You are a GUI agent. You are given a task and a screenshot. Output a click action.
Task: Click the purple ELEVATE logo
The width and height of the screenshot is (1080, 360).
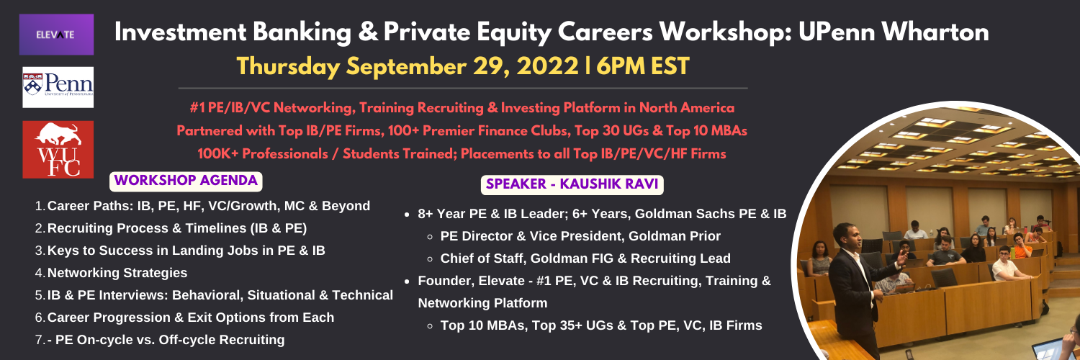click(56, 35)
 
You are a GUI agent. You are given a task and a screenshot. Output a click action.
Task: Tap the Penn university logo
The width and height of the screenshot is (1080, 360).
click(58, 87)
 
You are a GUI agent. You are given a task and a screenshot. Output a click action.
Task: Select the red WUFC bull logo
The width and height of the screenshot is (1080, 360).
click(58, 149)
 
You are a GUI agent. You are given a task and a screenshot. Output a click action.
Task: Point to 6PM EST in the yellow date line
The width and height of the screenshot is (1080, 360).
click(643, 66)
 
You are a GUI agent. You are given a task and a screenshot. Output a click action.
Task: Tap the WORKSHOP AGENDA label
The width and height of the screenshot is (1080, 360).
click(186, 181)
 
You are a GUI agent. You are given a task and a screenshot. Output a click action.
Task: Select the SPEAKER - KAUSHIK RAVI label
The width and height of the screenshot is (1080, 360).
click(572, 184)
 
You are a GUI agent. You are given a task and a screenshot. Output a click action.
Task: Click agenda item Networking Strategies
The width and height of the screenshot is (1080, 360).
click(117, 273)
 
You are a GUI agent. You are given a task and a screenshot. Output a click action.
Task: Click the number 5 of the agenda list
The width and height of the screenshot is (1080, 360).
click(39, 295)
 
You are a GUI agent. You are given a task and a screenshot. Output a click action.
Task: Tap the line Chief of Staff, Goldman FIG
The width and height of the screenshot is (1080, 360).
click(585, 258)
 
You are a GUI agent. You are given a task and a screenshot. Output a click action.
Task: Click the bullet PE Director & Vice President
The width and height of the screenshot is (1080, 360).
click(580, 236)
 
